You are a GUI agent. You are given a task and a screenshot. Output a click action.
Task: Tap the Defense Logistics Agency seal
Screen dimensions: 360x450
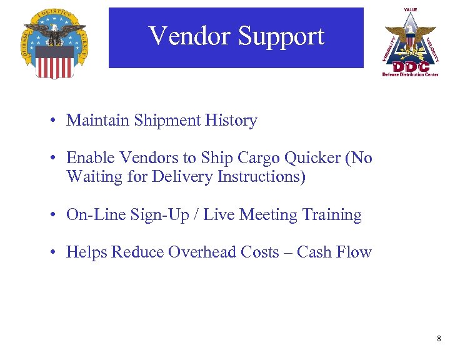(x=54, y=43)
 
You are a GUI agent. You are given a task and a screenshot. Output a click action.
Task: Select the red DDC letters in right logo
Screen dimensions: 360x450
(x=411, y=66)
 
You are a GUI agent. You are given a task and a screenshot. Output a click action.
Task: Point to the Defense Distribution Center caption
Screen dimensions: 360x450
(x=411, y=74)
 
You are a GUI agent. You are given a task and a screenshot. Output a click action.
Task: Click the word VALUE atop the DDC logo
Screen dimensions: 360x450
(x=411, y=9)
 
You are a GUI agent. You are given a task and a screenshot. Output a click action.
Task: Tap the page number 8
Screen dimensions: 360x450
(x=439, y=339)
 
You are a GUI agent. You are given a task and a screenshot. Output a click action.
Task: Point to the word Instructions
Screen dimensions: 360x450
(x=261, y=177)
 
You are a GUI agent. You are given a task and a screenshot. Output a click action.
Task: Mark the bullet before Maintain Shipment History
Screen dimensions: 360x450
(x=56, y=121)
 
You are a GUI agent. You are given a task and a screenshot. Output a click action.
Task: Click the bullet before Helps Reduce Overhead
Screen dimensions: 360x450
(x=56, y=253)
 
